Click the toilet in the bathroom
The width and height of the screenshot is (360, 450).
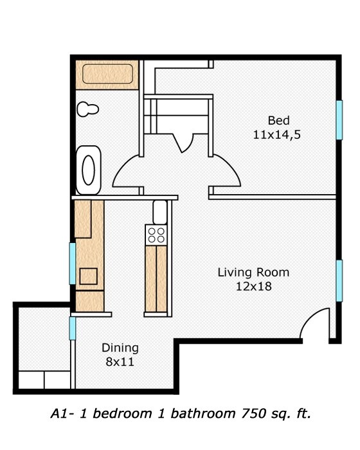[x=87, y=109]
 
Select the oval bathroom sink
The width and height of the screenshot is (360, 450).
[x=89, y=170]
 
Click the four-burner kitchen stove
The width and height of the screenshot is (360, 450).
[x=156, y=235]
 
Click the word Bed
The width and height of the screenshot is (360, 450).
[x=279, y=121]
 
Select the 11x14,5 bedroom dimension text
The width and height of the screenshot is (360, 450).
[x=279, y=135]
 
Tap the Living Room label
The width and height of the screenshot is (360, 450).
[x=253, y=272]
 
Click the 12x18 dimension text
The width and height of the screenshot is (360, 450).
[x=253, y=287]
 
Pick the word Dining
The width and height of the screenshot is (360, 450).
[x=120, y=348]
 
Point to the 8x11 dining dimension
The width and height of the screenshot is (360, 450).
[x=120, y=362]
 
